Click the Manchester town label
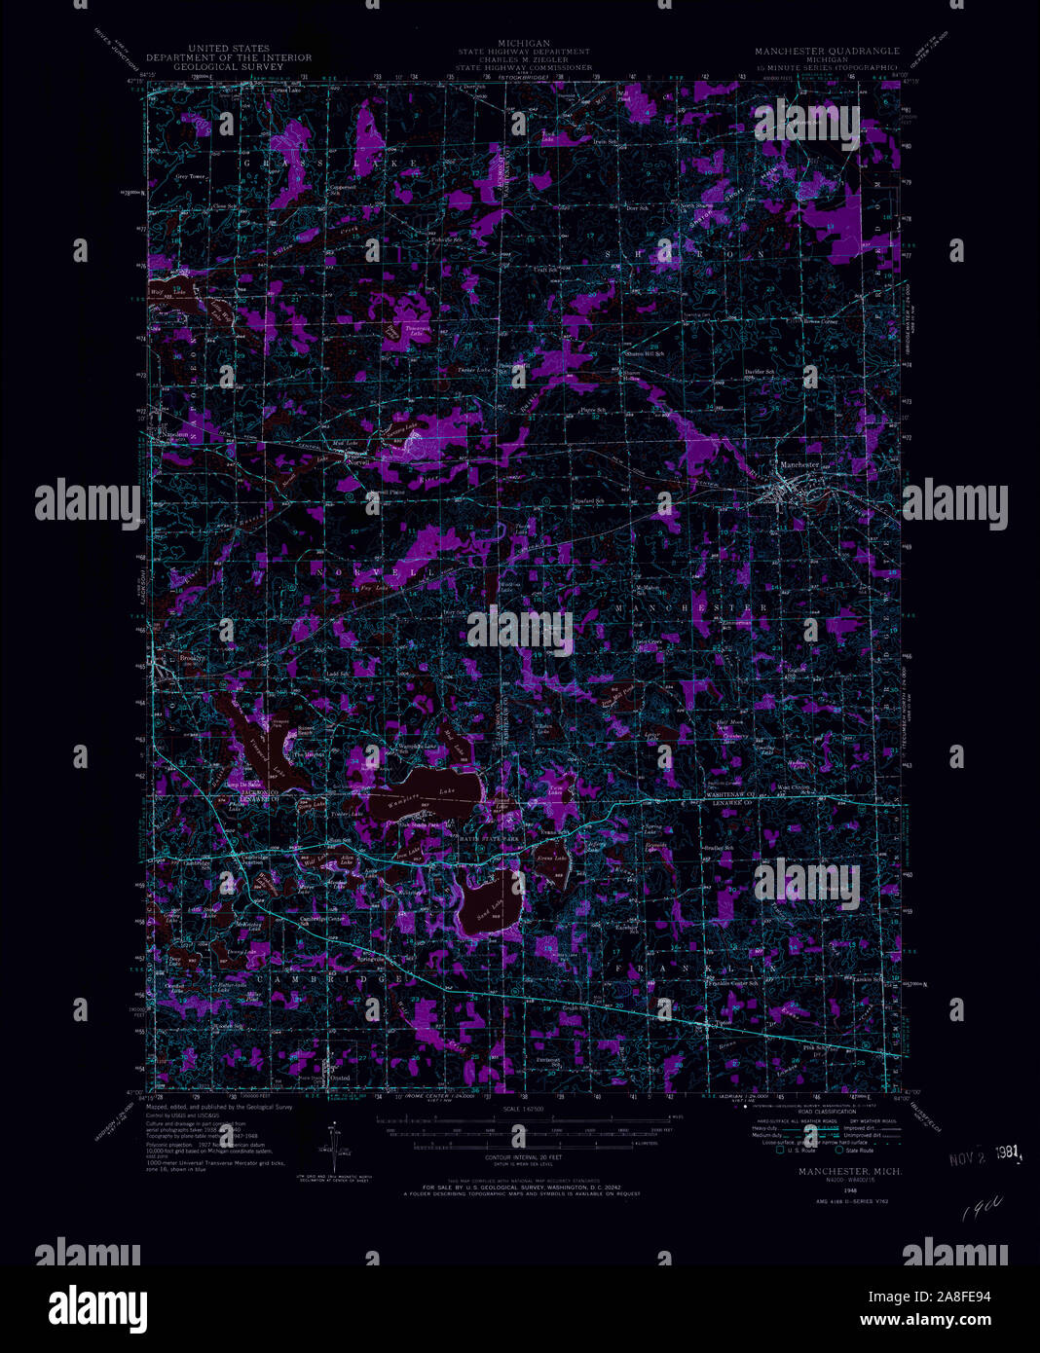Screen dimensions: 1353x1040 pyautogui.click(x=799, y=465)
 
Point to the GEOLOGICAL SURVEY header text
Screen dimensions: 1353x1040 pyautogui.click(x=229, y=67)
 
